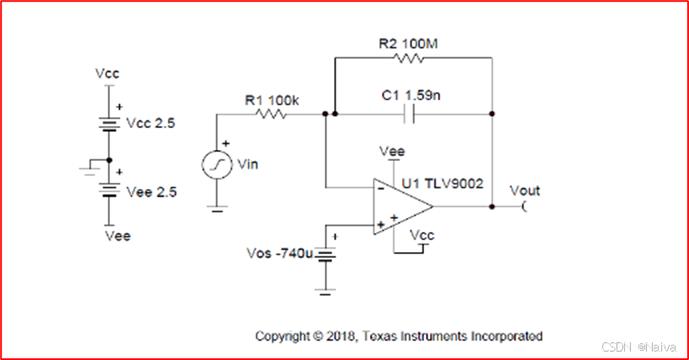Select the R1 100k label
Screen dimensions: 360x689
point(272,99)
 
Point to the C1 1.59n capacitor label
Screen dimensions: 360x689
point(411,96)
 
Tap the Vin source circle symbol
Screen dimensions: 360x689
point(217,164)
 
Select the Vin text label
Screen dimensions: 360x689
point(250,164)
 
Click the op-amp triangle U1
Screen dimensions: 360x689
point(401,207)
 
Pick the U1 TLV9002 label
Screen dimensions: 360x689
point(444,182)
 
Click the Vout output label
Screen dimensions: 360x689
point(525,191)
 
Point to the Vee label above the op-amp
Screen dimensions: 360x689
point(392,152)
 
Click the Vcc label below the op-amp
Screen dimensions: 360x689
point(421,236)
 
